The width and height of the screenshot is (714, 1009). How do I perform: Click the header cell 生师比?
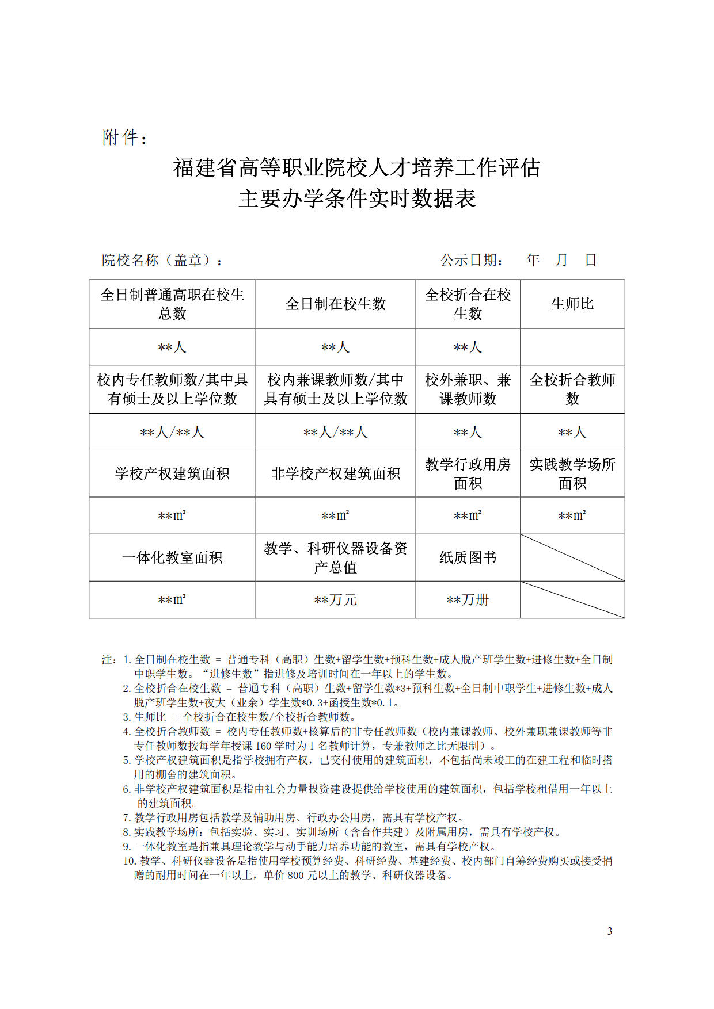coord(572,304)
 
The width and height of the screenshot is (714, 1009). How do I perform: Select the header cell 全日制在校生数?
coord(336,304)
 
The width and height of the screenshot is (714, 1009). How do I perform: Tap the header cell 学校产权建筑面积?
coord(172,473)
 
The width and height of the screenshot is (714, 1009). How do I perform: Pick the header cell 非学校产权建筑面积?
coord(336,473)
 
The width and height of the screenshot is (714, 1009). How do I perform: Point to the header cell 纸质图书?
coord(468,557)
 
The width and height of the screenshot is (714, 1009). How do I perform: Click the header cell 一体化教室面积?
coord(172,557)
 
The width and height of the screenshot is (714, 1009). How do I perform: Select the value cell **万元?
coord(336,599)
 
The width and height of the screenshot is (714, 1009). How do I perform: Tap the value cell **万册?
coord(468,599)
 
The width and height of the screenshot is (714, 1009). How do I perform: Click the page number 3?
coord(610,931)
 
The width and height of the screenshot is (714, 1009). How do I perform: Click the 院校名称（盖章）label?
coord(162,261)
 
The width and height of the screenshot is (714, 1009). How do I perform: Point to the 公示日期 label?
coord(472,261)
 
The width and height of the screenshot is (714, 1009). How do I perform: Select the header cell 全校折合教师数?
coord(572,389)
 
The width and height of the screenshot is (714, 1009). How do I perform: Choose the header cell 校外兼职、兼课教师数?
coord(468,389)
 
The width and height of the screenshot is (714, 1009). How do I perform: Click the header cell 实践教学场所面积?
coord(572,473)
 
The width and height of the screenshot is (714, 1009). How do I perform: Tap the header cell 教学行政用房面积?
coord(468,473)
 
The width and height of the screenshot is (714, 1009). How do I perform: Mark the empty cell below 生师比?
coord(572,347)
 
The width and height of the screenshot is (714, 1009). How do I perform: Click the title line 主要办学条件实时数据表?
coord(357,199)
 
